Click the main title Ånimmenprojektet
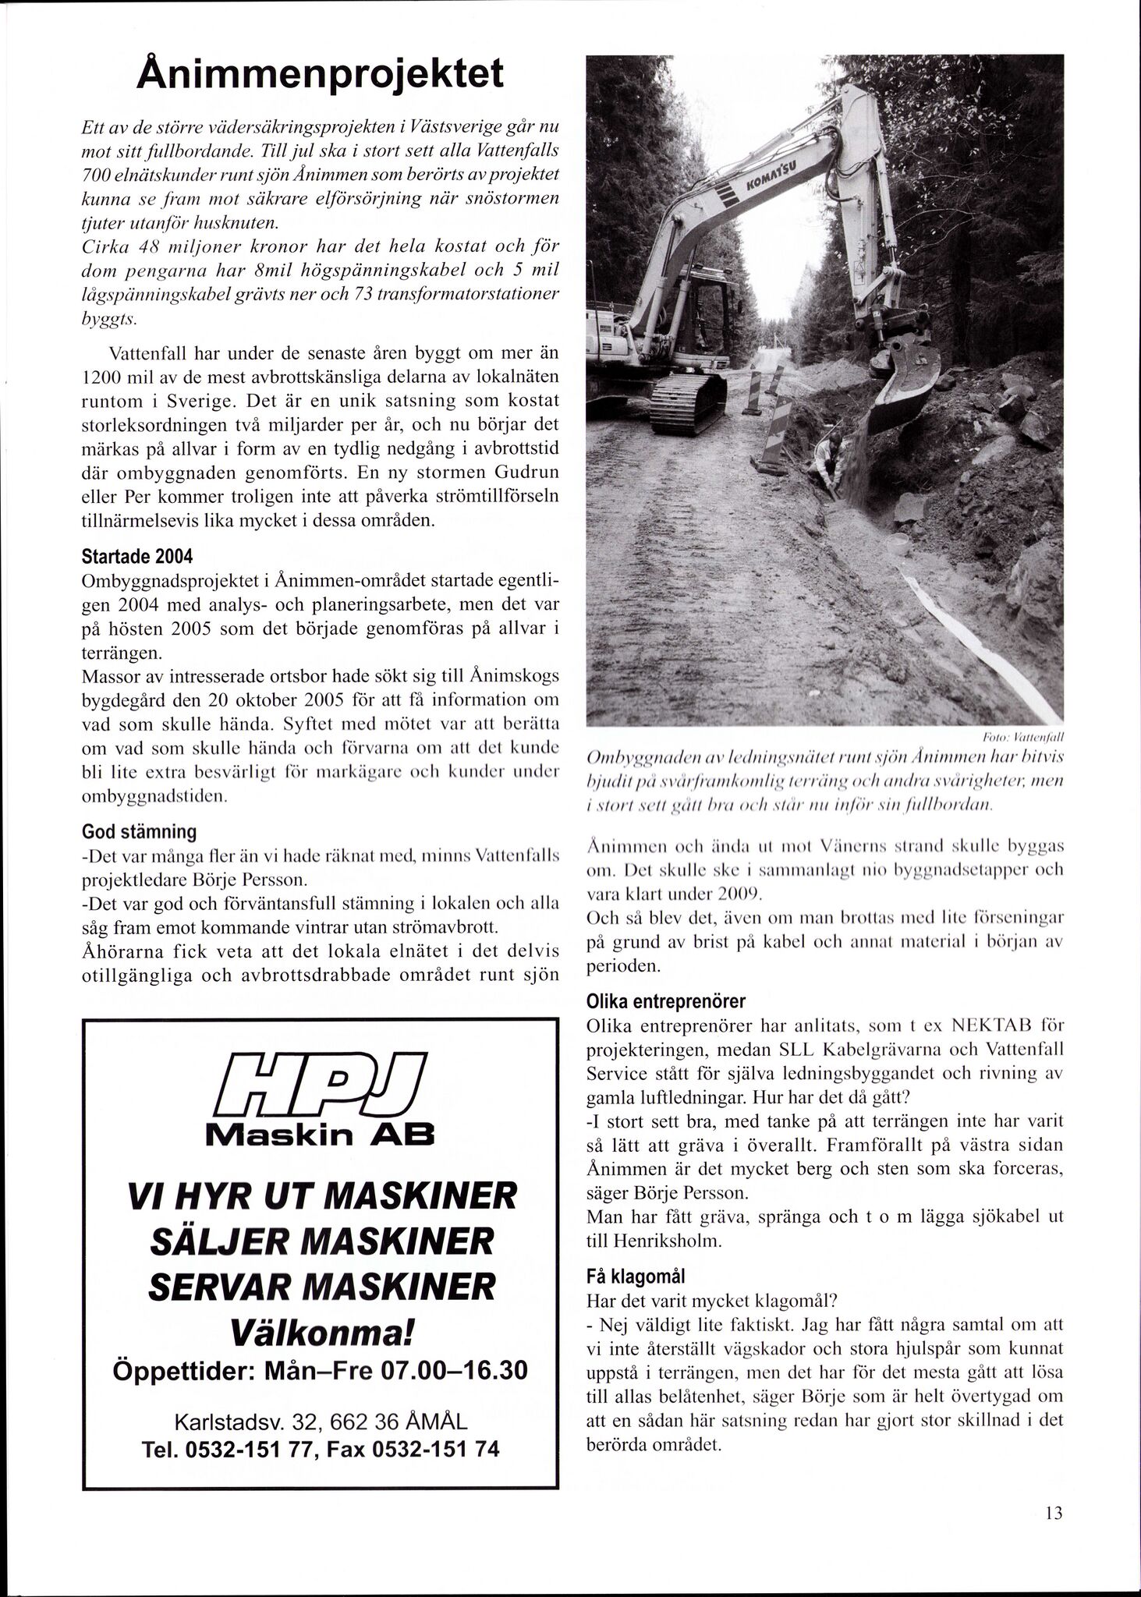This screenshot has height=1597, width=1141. [320, 77]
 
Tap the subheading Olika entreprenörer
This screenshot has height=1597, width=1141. [665, 1000]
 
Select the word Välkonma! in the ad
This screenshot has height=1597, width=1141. [321, 1329]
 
